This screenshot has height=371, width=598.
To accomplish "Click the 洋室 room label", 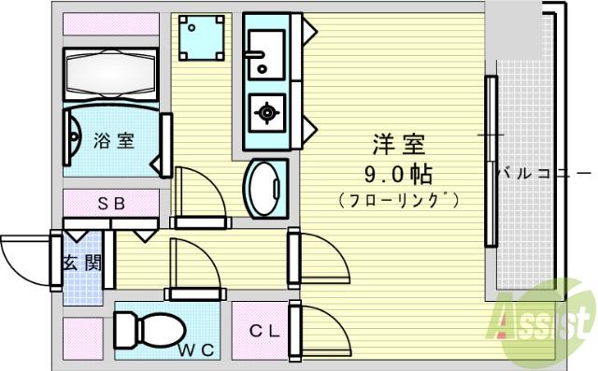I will click(x=400, y=145).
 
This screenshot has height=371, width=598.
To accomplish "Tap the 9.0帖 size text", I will click(x=399, y=174).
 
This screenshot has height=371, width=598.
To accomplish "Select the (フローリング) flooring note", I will click(x=399, y=200).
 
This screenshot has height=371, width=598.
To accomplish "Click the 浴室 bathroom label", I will click(x=114, y=142).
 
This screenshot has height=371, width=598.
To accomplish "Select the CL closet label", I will click(x=260, y=331).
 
